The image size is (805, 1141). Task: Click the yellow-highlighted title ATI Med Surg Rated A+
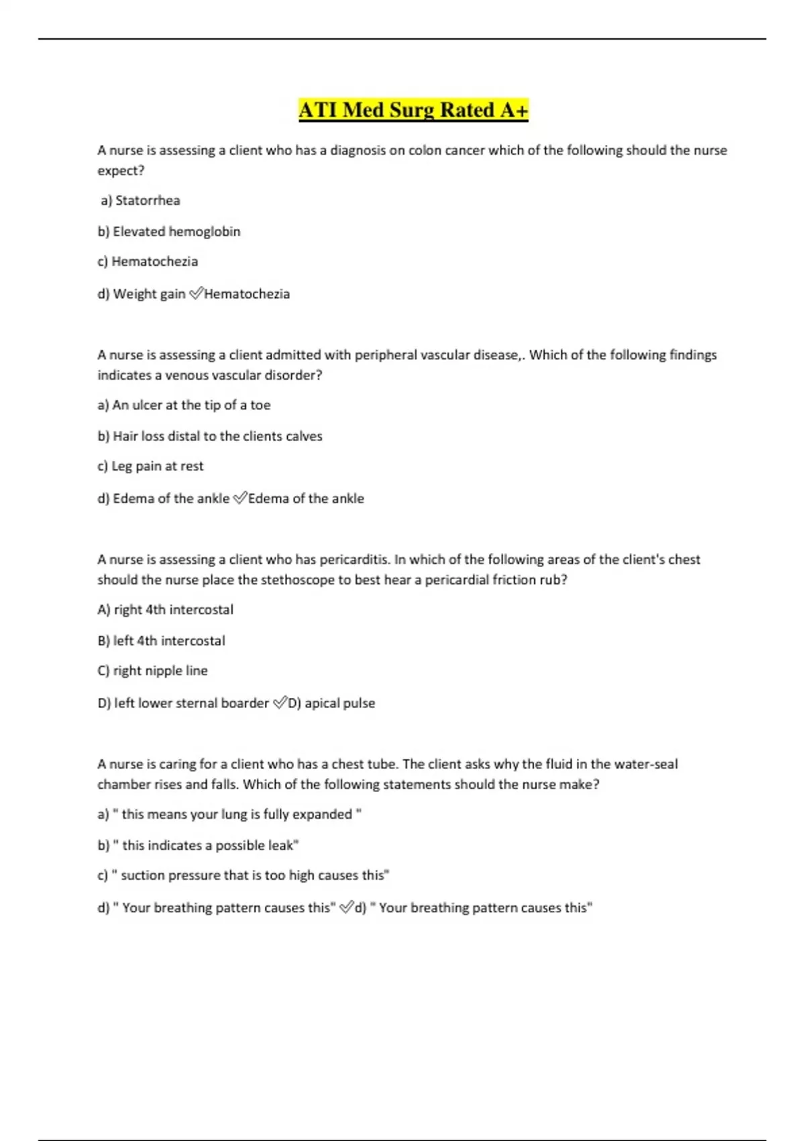coord(413,109)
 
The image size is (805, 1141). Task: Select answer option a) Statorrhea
coord(140,200)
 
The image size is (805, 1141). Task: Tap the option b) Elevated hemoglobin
coord(169,232)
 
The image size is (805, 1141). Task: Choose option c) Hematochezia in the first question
coord(148,262)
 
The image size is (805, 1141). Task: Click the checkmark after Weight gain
coord(196,293)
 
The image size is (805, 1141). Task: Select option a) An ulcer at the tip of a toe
coord(184,405)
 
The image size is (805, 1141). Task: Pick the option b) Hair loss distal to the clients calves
coord(210,436)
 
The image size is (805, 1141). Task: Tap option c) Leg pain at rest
coord(150,466)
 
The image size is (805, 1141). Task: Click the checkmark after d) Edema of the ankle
coord(239,498)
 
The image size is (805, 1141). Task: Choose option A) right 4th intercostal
coord(166,609)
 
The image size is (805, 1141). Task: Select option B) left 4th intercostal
coord(161,641)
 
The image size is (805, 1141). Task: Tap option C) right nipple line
coord(152,671)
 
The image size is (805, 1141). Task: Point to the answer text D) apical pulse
coord(332,703)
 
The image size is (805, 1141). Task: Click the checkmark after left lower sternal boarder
coord(279,703)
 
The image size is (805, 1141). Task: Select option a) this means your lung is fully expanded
coord(229,814)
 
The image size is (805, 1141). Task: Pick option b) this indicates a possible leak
coord(198,846)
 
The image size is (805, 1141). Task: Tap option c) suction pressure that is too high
coord(244,875)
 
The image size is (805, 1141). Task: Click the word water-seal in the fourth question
coord(646,764)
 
